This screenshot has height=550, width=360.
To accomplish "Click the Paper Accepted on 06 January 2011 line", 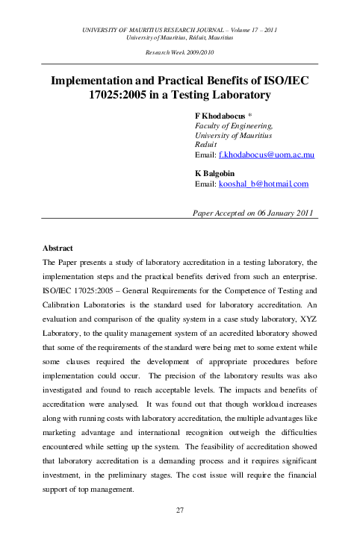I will (x=252, y=213).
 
